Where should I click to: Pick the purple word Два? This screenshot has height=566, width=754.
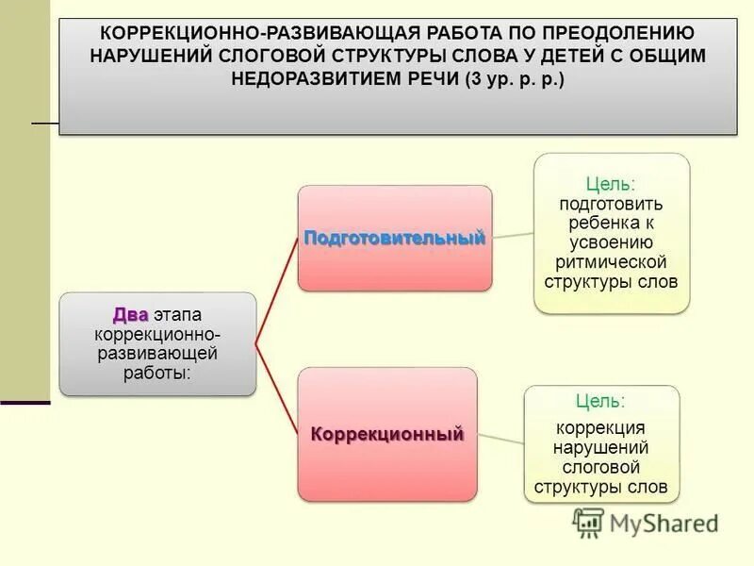[130, 314]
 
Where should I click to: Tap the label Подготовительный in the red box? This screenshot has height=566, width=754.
[394, 238]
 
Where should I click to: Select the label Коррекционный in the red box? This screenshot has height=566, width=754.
[387, 435]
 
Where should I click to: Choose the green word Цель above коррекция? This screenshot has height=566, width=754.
[600, 402]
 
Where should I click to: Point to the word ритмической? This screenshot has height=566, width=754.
[611, 261]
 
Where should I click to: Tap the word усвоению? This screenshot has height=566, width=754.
[611, 241]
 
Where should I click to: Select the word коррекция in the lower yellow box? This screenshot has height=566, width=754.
[600, 427]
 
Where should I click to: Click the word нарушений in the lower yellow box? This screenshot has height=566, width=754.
[600, 447]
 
